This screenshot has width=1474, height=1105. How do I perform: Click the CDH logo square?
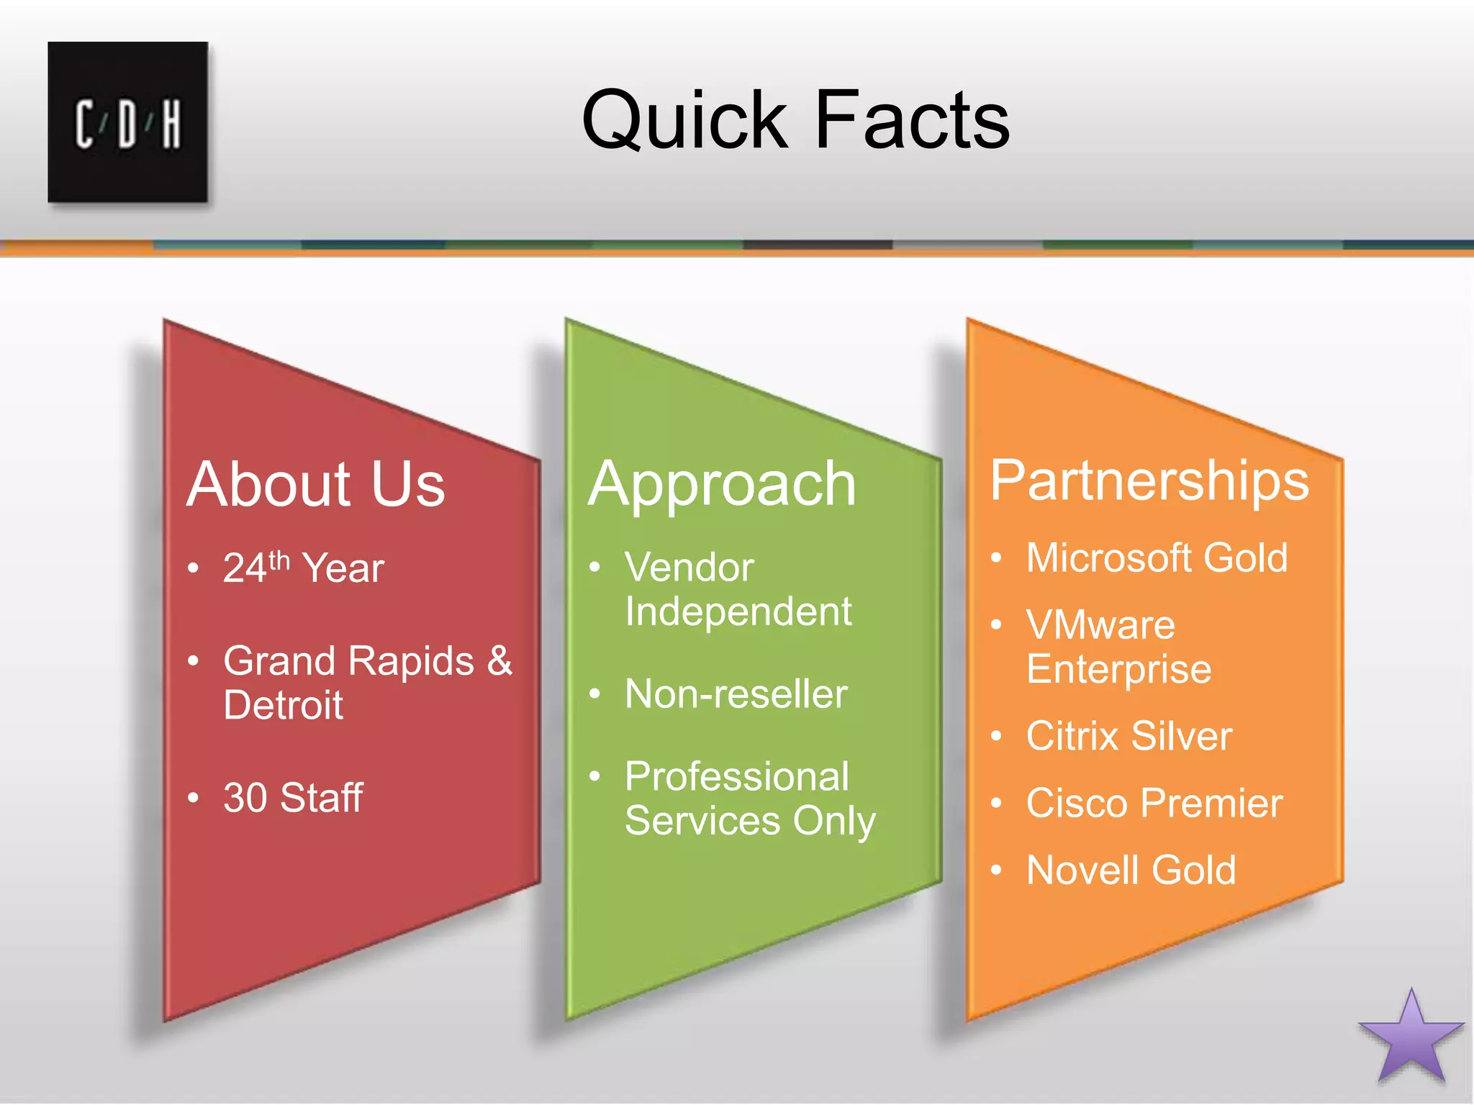[128, 122]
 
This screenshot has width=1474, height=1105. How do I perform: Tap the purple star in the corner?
[1411, 1040]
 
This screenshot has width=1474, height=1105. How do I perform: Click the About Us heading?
[316, 484]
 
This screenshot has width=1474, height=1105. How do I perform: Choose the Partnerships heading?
[1149, 481]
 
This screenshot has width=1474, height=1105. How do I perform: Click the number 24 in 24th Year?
[245, 569]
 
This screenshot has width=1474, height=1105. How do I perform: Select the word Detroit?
[283, 705]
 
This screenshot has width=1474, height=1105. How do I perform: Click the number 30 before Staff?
[245, 798]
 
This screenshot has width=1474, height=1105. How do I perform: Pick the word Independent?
[738, 613]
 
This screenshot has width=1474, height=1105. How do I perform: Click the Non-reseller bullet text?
[736, 694]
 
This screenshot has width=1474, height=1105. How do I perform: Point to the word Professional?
[737, 777]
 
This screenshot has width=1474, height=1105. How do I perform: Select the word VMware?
[1100, 625]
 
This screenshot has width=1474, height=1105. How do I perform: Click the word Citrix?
[1071, 736]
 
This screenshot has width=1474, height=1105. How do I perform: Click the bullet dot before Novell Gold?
[996, 870]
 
